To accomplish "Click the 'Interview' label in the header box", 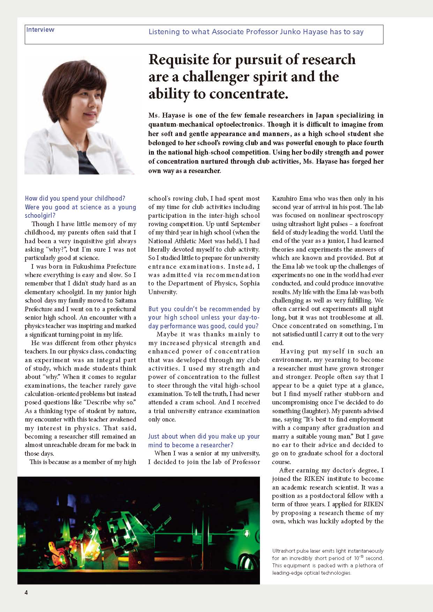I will click(x=40, y=30).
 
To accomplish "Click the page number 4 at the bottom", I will click(x=26, y=592).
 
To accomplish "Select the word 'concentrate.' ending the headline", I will click(x=252, y=94).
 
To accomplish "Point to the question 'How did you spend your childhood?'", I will click(x=75, y=199).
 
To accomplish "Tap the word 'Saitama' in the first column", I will click(x=125, y=300).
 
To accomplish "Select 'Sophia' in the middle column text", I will click(x=250, y=283).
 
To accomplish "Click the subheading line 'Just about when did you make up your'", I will click(x=204, y=436).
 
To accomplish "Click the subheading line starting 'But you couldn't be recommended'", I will click(x=204, y=309).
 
